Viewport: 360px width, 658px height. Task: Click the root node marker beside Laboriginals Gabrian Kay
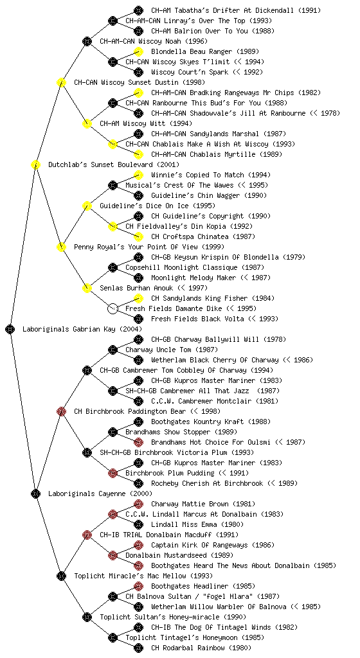click(x=10, y=329)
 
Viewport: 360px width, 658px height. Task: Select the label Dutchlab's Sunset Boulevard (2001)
click(x=114, y=164)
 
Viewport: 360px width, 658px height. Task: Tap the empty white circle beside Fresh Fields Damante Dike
click(x=113, y=308)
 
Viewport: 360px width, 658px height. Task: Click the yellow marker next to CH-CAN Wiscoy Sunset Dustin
click(x=61, y=82)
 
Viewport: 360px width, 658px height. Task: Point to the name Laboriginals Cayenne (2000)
click(x=100, y=493)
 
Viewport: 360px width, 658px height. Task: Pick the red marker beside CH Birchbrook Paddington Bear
click(x=61, y=411)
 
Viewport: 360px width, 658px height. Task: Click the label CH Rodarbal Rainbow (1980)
click(x=201, y=648)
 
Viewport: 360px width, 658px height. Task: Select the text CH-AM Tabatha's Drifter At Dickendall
click(x=222, y=10)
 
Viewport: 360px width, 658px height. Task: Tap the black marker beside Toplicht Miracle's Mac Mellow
click(x=61, y=576)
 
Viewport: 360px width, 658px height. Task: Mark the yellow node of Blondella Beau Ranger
click(x=138, y=51)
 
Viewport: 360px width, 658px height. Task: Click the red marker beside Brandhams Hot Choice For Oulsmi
click(x=138, y=442)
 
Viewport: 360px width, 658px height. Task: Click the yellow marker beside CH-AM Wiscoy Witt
click(x=87, y=123)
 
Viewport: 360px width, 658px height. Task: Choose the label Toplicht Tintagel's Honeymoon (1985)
click(x=195, y=637)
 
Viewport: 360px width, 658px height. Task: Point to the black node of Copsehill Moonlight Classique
click(x=113, y=267)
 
